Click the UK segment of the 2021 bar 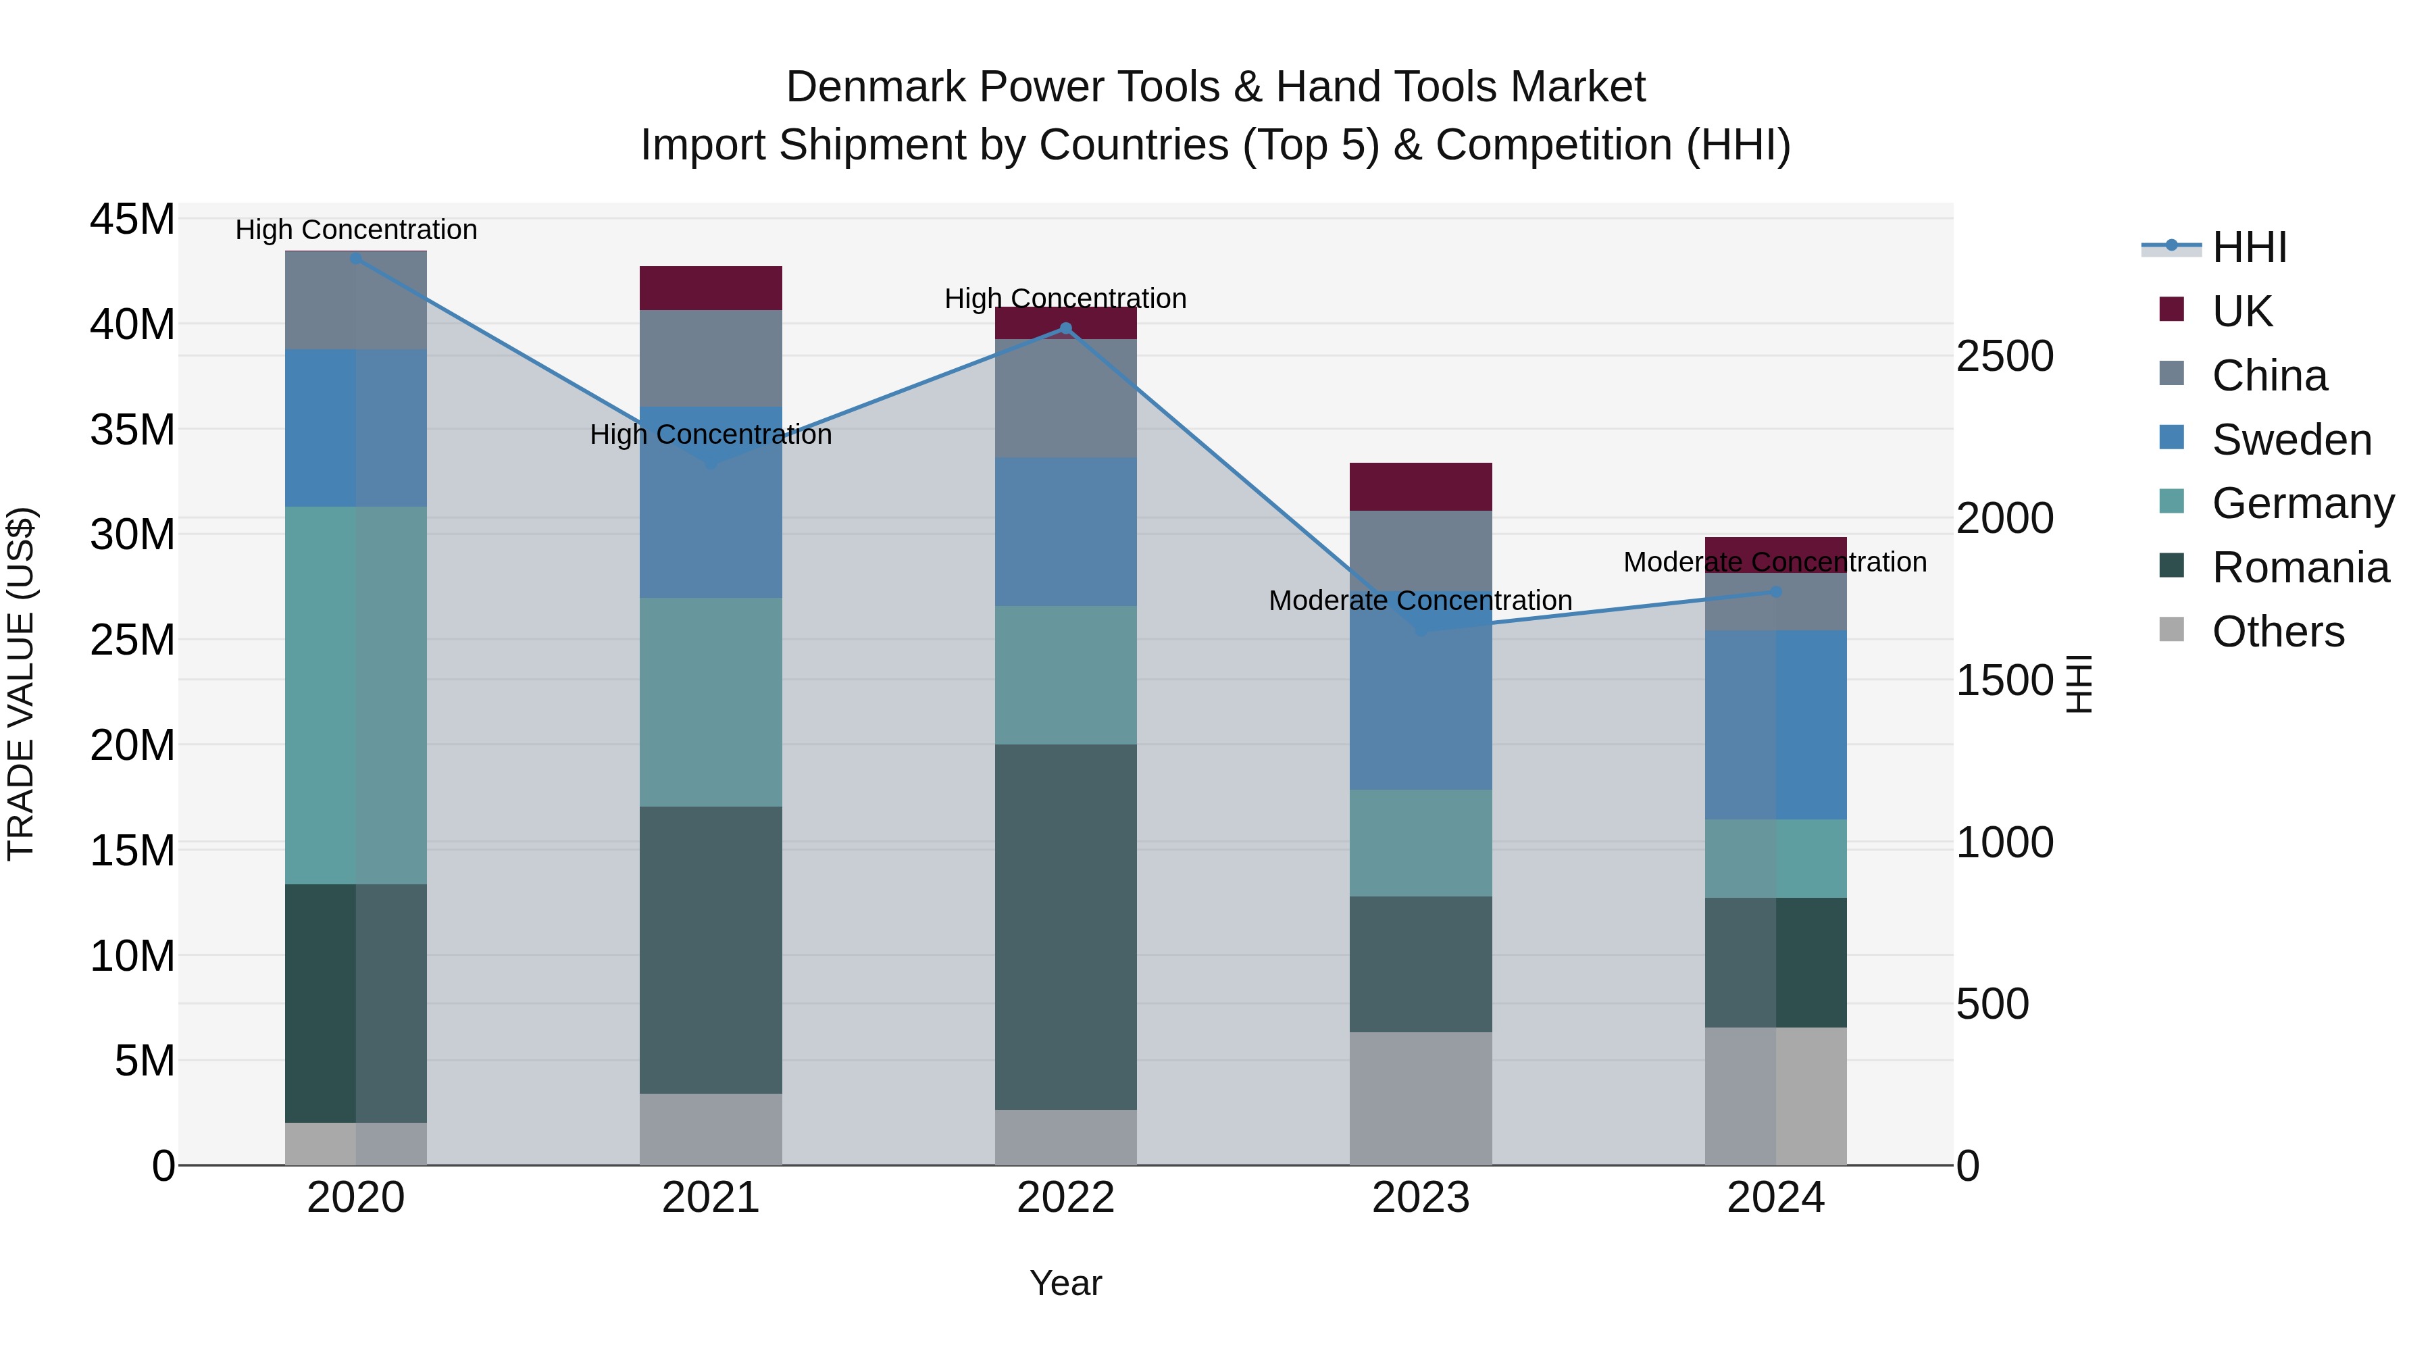tap(711, 288)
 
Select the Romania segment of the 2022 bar tap(1066, 926)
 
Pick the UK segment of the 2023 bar tap(1421, 486)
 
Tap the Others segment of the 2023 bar tap(1421, 1098)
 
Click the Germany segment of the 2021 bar tap(711, 701)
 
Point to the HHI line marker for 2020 tap(356, 258)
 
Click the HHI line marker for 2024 tap(1776, 592)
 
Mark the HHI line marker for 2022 tap(1066, 328)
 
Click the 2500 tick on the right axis tap(2004, 356)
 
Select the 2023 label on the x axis tap(1421, 1198)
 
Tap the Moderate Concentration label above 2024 tap(1775, 562)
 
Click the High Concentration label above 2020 tap(356, 230)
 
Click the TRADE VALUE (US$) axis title tap(22, 684)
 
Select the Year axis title tap(1066, 1283)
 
